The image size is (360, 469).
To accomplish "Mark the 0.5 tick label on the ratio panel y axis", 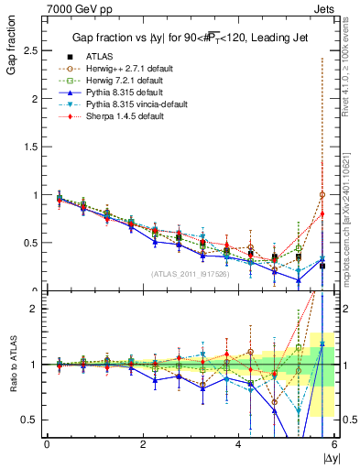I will click(x=27, y=420).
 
